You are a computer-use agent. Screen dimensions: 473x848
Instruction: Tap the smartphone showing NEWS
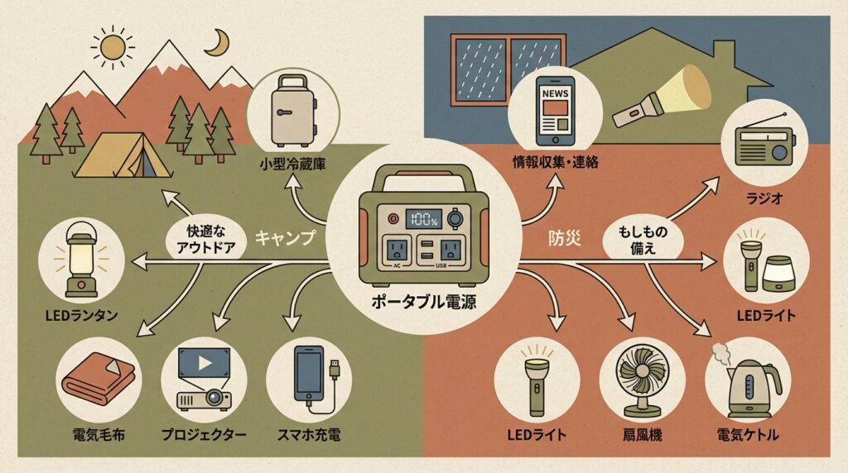point(555,114)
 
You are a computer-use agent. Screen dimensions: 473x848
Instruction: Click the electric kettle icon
point(748,386)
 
